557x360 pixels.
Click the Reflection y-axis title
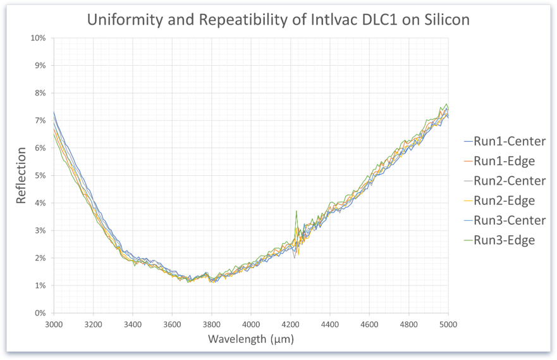pos(21,175)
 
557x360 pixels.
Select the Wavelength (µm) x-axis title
pos(251,339)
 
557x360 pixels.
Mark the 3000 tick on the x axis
pos(54,323)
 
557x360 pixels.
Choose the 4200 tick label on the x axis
pos(290,323)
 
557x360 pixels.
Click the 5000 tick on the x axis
pos(448,323)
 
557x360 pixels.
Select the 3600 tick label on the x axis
pos(172,323)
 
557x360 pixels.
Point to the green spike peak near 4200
pos(296,211)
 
